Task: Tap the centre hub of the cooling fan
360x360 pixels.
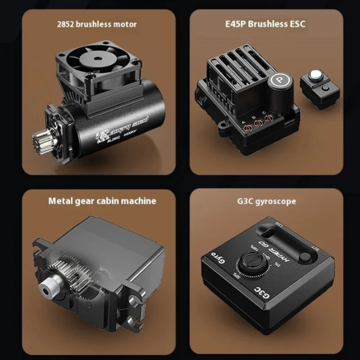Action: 95,58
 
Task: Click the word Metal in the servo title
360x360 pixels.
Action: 61,201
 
